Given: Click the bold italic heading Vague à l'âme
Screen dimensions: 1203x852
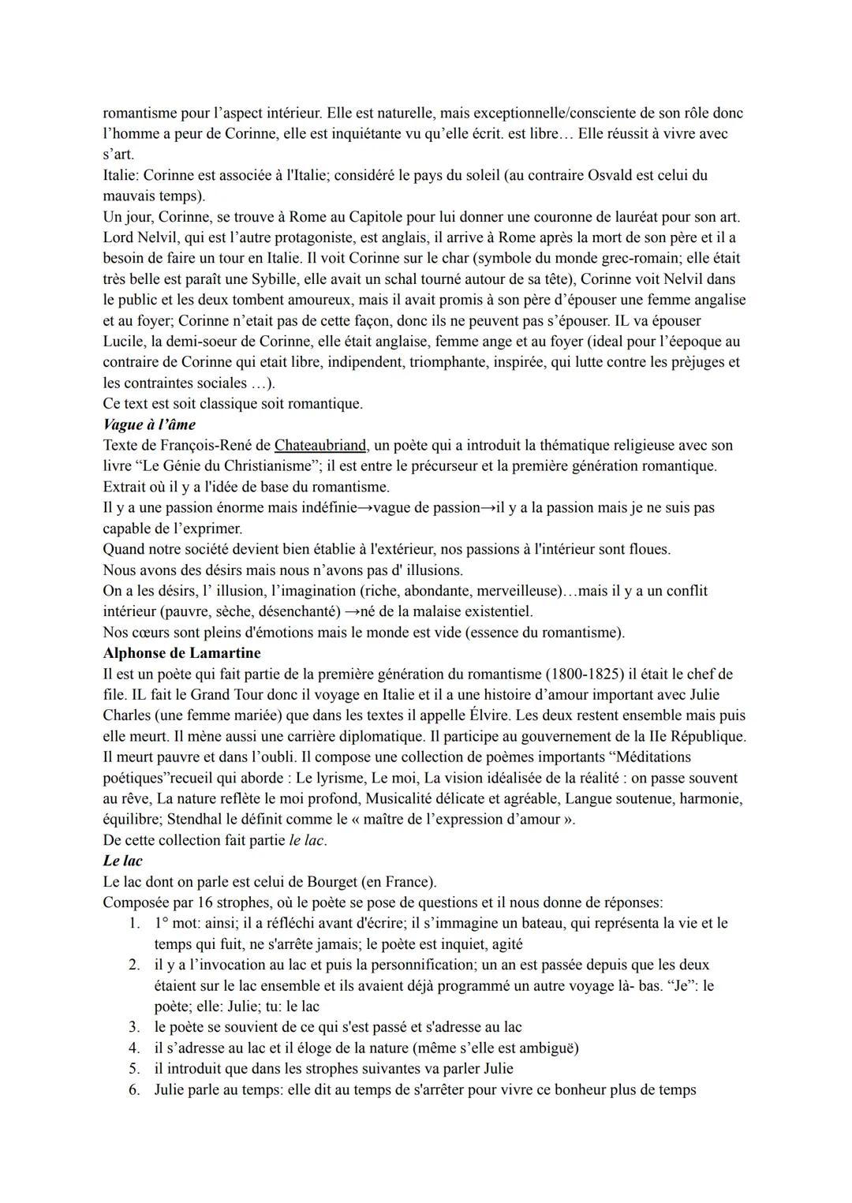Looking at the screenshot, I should point(149,424).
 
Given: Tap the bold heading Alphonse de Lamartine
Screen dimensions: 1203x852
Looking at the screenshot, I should point(181,653).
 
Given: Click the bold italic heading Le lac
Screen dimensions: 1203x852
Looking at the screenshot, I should point(122,861).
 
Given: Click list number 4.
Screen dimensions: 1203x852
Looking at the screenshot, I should point(134,1048).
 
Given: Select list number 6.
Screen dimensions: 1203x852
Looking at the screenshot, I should point(134,1090).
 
